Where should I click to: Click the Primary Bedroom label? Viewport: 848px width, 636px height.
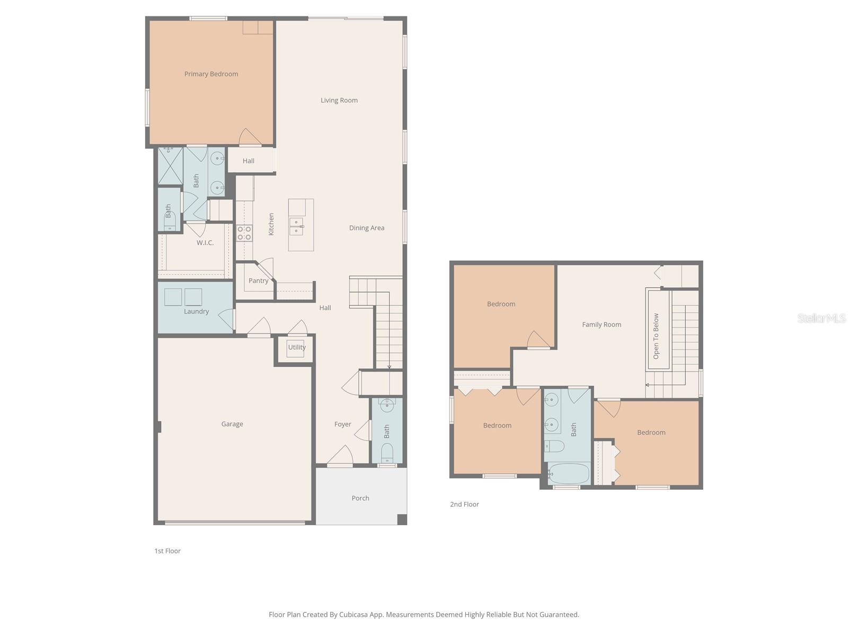tap(211, 74)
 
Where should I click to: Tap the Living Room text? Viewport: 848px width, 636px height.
tap(339, 100)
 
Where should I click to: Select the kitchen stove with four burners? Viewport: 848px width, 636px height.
tap(244, 233)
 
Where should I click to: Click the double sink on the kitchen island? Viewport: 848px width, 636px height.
tap(296, 226)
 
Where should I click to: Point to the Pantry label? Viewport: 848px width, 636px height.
tap(258, 281)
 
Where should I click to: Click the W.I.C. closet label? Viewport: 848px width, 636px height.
tap(205, 243)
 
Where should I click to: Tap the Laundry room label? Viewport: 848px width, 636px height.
tap(196, 312)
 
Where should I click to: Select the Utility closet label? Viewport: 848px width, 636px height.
tap(296, 348)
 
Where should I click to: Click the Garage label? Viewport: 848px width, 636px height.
tap(232, 424)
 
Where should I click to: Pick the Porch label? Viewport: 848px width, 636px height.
tap(360, 498)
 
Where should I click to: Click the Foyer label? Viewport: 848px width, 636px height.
tap(342, 424)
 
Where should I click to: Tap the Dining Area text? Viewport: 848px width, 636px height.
tap(366, 228)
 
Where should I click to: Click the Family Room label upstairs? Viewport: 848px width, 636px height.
tap(602, 325)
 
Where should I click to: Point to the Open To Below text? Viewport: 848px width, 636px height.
tap(656, 336)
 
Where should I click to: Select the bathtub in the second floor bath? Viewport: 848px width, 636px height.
tap(569, 473)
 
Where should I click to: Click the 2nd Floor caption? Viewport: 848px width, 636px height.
tap(464, 505)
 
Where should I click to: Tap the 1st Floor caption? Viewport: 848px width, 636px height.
tap(167, 551)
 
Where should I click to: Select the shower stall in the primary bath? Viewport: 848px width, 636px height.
tap(170, 165)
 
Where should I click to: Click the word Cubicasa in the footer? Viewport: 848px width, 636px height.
tap(366, 615)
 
